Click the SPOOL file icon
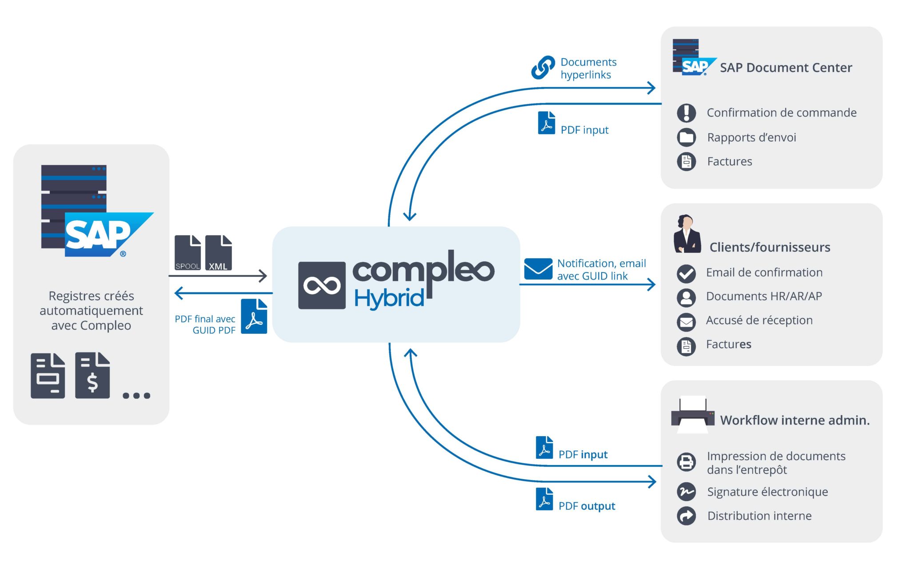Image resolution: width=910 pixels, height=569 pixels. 188,252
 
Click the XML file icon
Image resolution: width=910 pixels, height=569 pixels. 218,252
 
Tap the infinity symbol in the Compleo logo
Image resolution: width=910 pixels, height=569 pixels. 322,285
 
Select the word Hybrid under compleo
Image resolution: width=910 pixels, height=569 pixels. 389,298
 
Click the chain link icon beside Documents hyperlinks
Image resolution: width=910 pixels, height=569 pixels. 543,68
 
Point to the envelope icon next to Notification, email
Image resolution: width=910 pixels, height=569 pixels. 538,268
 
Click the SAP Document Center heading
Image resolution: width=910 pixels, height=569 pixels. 786,68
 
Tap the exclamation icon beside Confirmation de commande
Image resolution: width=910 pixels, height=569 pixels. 686,113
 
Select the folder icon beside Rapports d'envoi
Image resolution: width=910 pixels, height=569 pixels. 686,137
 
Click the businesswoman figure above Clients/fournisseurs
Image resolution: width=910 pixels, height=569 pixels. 687,234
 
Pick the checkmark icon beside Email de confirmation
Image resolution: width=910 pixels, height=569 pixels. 686,273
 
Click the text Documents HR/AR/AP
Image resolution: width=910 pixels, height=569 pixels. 764,296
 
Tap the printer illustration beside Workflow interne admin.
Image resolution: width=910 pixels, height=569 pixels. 693,414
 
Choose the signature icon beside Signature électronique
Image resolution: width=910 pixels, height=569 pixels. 686,492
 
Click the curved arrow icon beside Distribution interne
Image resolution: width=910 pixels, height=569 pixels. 686,516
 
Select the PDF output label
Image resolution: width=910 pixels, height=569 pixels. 587,506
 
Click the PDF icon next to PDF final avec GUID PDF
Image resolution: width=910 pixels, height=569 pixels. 254,316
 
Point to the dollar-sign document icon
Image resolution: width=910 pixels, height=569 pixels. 92,375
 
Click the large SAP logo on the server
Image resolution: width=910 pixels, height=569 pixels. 109,235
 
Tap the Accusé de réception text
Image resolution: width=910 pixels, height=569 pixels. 759,321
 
